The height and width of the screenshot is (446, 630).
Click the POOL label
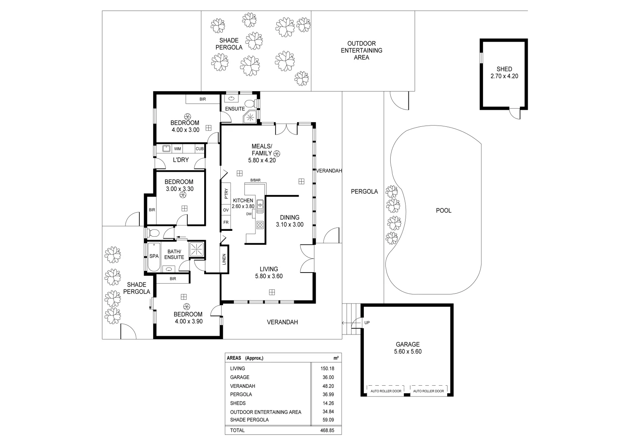coord(444,210)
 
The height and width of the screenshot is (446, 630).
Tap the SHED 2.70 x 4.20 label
coord(504,72)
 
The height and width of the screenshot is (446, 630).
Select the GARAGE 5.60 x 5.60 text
coord(408,348)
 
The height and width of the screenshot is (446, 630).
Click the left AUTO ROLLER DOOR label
coord(386,391)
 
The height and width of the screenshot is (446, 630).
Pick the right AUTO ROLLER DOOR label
coord(429,391)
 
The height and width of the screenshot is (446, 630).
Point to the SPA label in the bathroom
coord(154,256)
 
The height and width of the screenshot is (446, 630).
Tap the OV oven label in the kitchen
coord(226,210)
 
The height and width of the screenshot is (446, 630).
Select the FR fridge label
coord(226,222)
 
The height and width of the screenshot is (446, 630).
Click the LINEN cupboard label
coord(224,259)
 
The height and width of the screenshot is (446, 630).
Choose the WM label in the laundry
coord(177,149)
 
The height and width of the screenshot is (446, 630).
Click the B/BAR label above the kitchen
coord(255,180)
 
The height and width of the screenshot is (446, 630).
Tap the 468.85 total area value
coord(327,430)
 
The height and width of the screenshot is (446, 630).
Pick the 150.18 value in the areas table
coord(327,368)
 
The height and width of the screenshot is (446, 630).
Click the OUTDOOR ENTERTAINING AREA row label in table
coord(266,412)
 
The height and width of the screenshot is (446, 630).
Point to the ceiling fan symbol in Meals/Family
coord(277,154)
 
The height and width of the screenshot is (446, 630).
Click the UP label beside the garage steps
coord(367,323)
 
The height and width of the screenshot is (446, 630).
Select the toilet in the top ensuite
coord(250,104)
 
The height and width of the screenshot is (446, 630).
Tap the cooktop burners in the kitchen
coord(260,225)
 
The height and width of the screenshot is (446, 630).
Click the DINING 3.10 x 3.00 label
coord(290,221)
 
